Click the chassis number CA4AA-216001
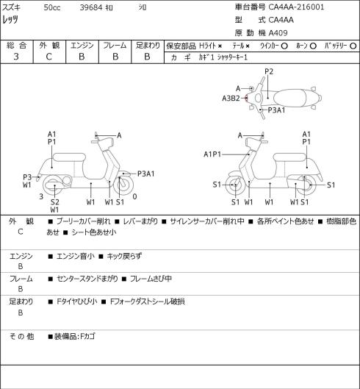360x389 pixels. click(296, 7)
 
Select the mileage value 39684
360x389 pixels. click(91, 7)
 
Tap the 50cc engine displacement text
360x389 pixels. click(52, 7)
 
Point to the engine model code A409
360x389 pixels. click(278, 33)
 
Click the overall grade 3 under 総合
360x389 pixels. click(16, 57)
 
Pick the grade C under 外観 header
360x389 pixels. click(48, 57)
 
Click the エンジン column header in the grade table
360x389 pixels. click(82, 46)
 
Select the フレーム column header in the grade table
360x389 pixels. click(115, 46)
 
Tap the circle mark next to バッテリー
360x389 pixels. click(353, 46)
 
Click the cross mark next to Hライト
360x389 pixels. click(220, 46)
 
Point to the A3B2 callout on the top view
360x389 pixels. click(231, 99)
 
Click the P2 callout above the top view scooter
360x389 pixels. click(269, 72)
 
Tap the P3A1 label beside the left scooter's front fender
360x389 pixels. click(146, 174)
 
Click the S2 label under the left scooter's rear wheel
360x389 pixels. click(55, 202)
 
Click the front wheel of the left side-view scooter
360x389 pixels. click(123, 185)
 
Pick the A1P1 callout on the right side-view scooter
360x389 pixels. click(212, 154)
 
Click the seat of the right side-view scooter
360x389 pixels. click(289, 158)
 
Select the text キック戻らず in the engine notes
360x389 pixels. click(124, 256)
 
